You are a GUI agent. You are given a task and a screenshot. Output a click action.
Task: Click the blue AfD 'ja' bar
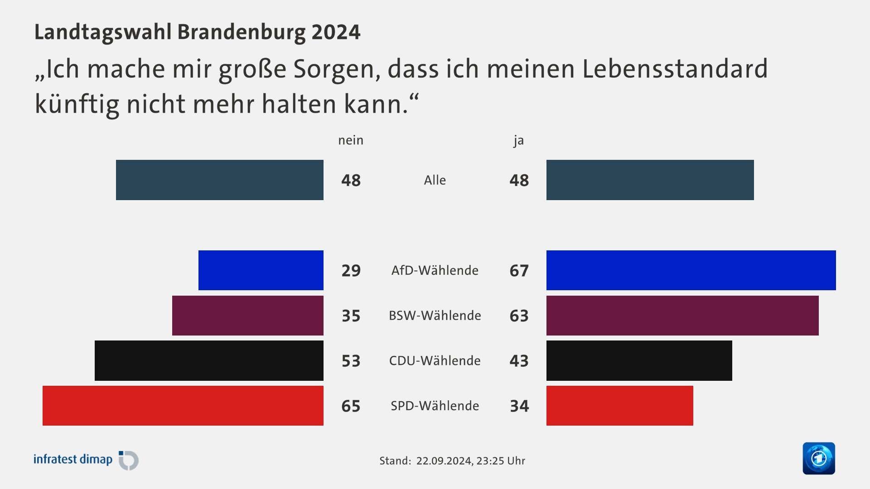691,270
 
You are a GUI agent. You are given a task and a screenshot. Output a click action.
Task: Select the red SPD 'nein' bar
183,406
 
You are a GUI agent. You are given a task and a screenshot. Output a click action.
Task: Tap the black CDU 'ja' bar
639,360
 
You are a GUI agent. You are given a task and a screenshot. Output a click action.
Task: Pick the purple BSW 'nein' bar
248,316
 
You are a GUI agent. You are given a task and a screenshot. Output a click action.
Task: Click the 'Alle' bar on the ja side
650,180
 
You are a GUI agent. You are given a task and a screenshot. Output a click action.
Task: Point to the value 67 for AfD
519,271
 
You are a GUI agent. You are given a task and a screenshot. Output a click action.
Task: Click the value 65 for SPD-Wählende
351,406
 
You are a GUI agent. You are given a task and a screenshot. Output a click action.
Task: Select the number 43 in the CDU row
519,361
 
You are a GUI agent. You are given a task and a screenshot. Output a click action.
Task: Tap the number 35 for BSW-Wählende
351,316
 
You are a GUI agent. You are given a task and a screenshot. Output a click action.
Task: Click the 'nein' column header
351,140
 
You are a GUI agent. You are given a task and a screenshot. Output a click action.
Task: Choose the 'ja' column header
518,140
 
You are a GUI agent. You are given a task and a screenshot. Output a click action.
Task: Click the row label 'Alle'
435,180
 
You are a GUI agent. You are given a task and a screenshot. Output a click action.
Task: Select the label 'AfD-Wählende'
435,271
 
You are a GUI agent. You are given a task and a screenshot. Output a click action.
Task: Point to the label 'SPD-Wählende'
435,406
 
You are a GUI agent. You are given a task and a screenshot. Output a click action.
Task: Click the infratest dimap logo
86,460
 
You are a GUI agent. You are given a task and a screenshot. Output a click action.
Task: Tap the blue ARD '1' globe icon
818,458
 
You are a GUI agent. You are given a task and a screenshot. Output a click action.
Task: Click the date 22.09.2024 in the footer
444,461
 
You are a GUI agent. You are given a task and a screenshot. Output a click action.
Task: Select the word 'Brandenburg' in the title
241,32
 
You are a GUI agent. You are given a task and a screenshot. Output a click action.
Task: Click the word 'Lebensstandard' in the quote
675,69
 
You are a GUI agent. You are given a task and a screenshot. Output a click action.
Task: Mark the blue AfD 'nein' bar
261,270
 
